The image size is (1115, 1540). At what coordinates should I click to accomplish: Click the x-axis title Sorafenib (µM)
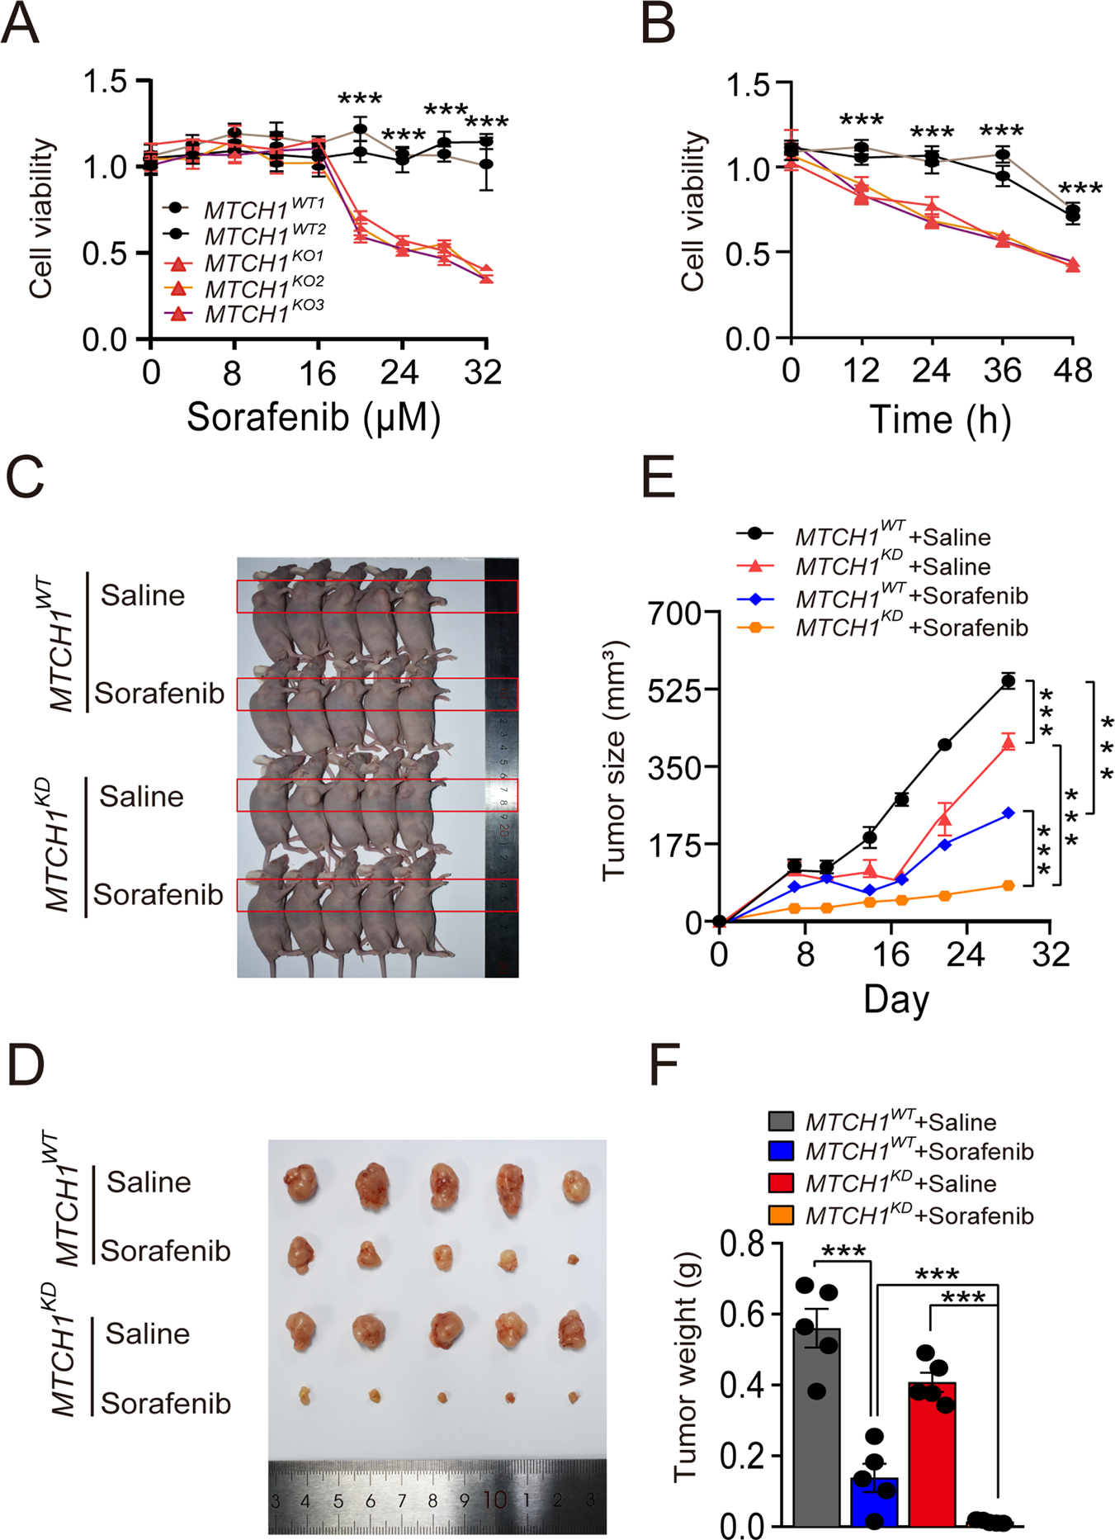pyautogui.click(x=314, y=417)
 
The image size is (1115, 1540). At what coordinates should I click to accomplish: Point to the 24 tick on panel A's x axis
pyautogui.click(x=400, y=373)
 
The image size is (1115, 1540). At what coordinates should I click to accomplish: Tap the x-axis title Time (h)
pyautogui.click(x=940, y=419)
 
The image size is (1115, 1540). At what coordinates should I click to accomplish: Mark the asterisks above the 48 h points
pyautogui.click(x=1080, y=190)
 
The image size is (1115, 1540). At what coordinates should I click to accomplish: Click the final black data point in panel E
pyautogui.click(x=1008, y=680)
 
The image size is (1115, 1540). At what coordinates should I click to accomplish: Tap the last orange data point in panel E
pyautogui.click(x=1008, y=885)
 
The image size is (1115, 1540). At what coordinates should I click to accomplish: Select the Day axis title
pyautogui.click(x=896, y=999)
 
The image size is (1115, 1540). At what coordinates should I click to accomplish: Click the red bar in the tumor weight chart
pyautogui.click(x=932, y=1453)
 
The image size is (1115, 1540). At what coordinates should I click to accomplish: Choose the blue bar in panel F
pyautogui.click(x=874, y=1501)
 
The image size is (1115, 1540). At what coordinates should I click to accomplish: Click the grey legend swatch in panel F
pyautogui.click(x=781, y=1121)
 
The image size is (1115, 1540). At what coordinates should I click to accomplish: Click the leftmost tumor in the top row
pyautogui.click(x=300, y=1183)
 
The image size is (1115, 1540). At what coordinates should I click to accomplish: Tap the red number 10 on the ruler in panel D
pyautogui.click(x=494, y=1500)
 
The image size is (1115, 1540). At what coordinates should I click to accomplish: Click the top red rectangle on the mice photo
pyautogui.click(x=377, y=596)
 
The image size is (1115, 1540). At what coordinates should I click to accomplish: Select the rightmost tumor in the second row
pyautogui.click(x=573, y=1259)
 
